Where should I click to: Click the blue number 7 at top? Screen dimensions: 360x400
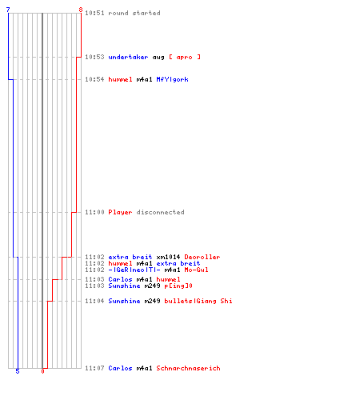coord(8,10)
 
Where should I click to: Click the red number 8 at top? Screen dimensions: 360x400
coord(81,10)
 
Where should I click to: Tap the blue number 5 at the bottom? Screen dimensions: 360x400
coord(18,371)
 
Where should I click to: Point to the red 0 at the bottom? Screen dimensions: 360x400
coord(42,371)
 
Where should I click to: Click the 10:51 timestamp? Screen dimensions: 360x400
coord(94,13)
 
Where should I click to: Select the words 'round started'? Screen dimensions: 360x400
coord(134,13)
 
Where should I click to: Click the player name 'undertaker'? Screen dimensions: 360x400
coord(128,57)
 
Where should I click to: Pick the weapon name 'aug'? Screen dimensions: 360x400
coord(158,58)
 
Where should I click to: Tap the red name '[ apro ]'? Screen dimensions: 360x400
coord(185,57)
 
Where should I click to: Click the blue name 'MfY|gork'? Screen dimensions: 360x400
coord(172,79)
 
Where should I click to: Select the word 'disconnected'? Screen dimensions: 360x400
coord(160,212)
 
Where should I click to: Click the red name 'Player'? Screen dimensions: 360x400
coord(120,212)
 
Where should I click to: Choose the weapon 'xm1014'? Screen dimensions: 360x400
coord(168,257)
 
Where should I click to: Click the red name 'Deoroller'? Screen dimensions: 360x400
coord(202,257)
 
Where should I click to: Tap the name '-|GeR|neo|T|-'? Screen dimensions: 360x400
coord(134,270)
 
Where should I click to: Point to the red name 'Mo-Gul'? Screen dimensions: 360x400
coord(196,270)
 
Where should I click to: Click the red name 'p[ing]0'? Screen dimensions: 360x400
coord(178,286)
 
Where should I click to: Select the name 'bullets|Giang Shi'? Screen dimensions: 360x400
coord(198,301)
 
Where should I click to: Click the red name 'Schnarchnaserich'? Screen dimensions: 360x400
coord(188,368)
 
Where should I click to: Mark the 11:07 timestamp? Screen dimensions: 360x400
coord(94,368)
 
